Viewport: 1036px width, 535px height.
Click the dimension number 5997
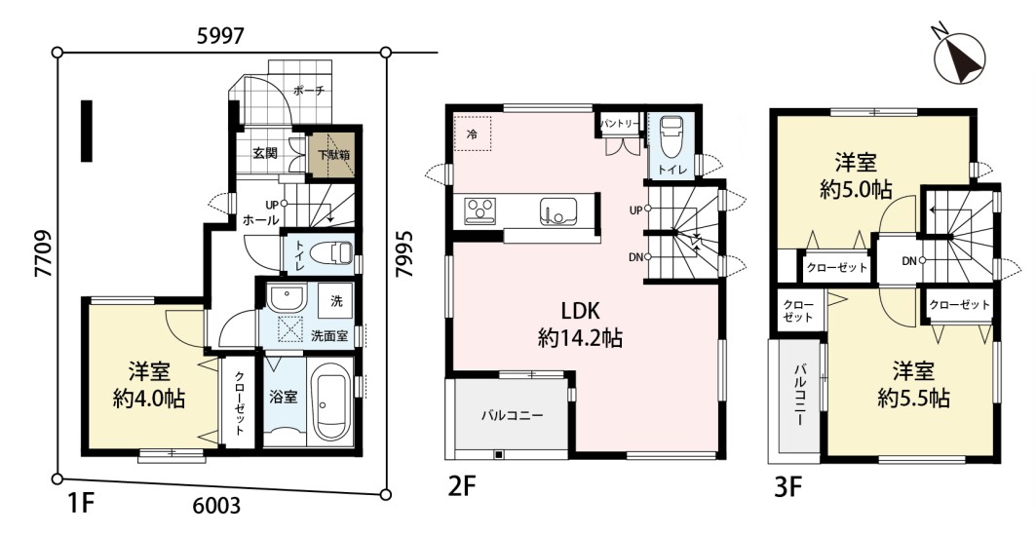221,38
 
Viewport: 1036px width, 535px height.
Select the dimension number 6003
218,507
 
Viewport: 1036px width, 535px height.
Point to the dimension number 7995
403,253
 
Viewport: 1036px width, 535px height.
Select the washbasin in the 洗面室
286,296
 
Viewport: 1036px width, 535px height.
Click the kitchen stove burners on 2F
480,210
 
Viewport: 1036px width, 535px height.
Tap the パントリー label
619,123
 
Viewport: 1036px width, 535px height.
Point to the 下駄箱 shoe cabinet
333,155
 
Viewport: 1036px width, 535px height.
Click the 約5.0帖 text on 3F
857,190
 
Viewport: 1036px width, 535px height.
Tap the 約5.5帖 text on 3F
914,399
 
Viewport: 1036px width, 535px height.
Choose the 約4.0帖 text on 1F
149,399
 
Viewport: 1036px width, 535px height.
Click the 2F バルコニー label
512,416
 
